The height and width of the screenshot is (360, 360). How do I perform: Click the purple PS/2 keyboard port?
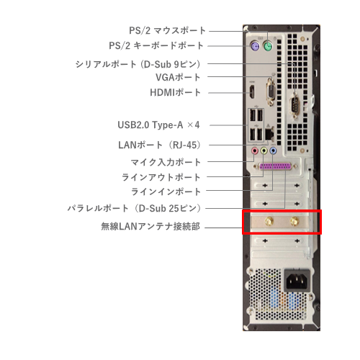pos(254,45)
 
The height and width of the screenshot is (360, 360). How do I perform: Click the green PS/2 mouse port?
pos(268,45)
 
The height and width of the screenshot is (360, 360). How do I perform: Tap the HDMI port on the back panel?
pos(252,93)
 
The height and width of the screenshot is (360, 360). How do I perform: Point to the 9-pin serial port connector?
pos(295,106)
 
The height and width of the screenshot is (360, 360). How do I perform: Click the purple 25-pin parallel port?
pos(275,166)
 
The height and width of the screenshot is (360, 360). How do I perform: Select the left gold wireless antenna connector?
pos(269,221)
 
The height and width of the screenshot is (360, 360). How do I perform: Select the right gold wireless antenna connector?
pos(294,221)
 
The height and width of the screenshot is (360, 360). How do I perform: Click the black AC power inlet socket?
pos(297,280)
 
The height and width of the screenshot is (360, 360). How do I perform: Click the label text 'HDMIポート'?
pos(175,93)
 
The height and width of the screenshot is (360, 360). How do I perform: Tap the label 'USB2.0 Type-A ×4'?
pos(158,125)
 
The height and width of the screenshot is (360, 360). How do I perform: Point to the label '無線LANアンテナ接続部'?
pos(150,226)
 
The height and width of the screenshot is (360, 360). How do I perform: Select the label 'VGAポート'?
pos(178,77)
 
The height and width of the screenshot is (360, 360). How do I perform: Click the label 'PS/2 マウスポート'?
pos(168,31)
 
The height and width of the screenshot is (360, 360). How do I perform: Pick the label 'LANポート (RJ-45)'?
pos(160,145)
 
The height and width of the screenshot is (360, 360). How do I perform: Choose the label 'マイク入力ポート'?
pos(166,163)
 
